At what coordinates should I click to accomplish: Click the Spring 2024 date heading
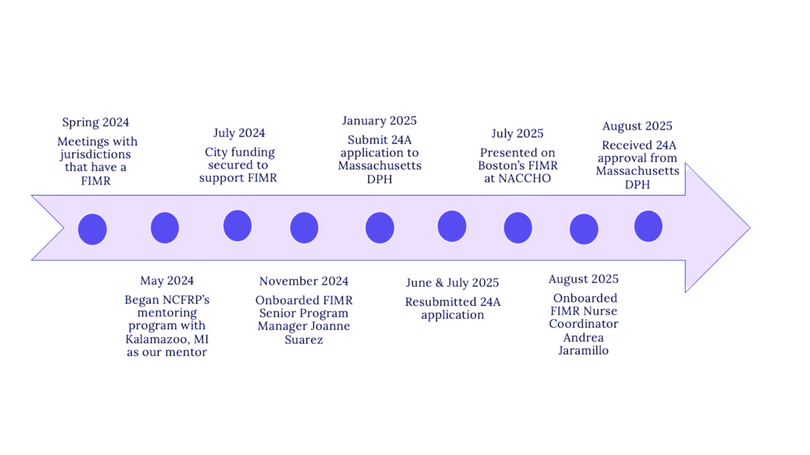pos(96,123)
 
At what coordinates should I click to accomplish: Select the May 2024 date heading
pos(167,280)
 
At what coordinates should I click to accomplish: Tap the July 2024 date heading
pos(239,133)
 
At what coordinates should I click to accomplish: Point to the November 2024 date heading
pos(304,281)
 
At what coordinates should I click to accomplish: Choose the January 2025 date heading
pos(379,121)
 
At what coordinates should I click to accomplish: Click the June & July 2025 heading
pos(452,282)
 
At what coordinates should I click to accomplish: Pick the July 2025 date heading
pos(517,133)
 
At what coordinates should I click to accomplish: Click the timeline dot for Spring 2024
pos(92,229)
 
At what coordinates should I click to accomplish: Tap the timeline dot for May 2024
pos(165,228)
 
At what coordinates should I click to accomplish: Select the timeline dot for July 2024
pos(238,225)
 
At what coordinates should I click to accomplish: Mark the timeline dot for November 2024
pos(304,228)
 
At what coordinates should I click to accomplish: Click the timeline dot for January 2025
pos(380,228)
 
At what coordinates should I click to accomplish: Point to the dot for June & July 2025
pos(452,226)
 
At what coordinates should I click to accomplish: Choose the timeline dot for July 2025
pos(518,227)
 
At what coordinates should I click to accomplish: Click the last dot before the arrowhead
pos(648,226)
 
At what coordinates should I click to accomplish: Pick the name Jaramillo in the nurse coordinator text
pos(583,351)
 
